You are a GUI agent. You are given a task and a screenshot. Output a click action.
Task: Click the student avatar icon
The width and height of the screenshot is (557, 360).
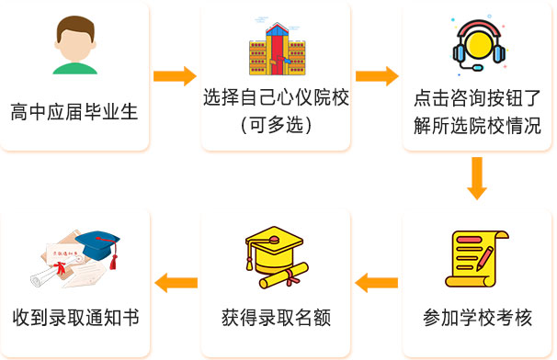point(74,44)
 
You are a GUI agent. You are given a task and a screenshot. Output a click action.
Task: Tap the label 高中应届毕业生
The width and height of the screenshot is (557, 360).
point(74,113)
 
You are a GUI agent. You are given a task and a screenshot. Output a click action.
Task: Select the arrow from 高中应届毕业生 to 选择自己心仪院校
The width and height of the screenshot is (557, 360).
point(175,76)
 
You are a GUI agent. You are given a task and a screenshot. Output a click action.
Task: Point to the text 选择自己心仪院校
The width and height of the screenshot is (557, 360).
point(277,99)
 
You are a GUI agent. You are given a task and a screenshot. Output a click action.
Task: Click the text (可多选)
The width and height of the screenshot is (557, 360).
point(277,126)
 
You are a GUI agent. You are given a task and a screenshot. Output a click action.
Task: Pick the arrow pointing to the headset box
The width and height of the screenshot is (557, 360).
point(377,76)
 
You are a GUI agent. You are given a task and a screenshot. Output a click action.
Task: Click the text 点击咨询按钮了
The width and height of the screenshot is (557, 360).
point(478,99)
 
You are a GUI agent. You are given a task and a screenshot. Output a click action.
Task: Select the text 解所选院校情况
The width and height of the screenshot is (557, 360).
point(478,126)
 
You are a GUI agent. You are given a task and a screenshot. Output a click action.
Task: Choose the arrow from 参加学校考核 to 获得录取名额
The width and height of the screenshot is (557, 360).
point(377,283)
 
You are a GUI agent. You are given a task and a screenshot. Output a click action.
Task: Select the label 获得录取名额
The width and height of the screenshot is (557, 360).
point(277,319)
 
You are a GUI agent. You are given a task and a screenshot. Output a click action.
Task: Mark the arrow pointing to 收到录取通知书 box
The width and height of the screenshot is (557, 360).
point(175,283)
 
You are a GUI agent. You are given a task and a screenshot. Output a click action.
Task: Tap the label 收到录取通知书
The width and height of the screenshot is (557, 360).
point(74,319)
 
